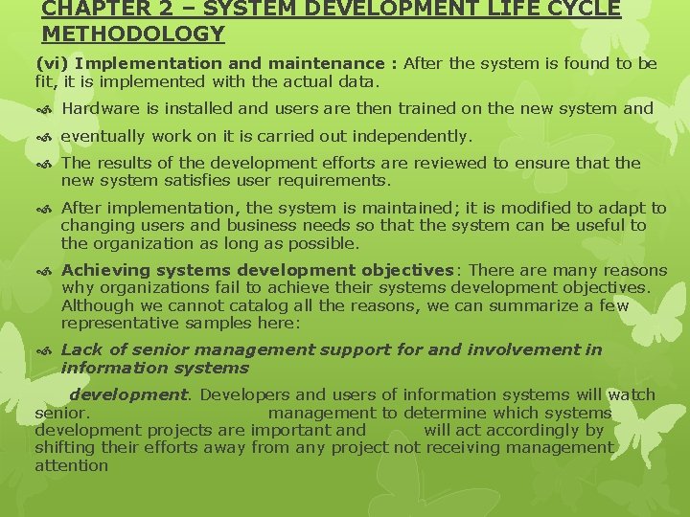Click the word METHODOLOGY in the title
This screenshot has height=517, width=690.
(x=133, y=34)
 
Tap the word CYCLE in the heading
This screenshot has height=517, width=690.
(x=575, y=9)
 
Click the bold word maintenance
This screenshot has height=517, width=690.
(x=325, y=64)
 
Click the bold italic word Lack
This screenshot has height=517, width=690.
(x=81, y=349)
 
